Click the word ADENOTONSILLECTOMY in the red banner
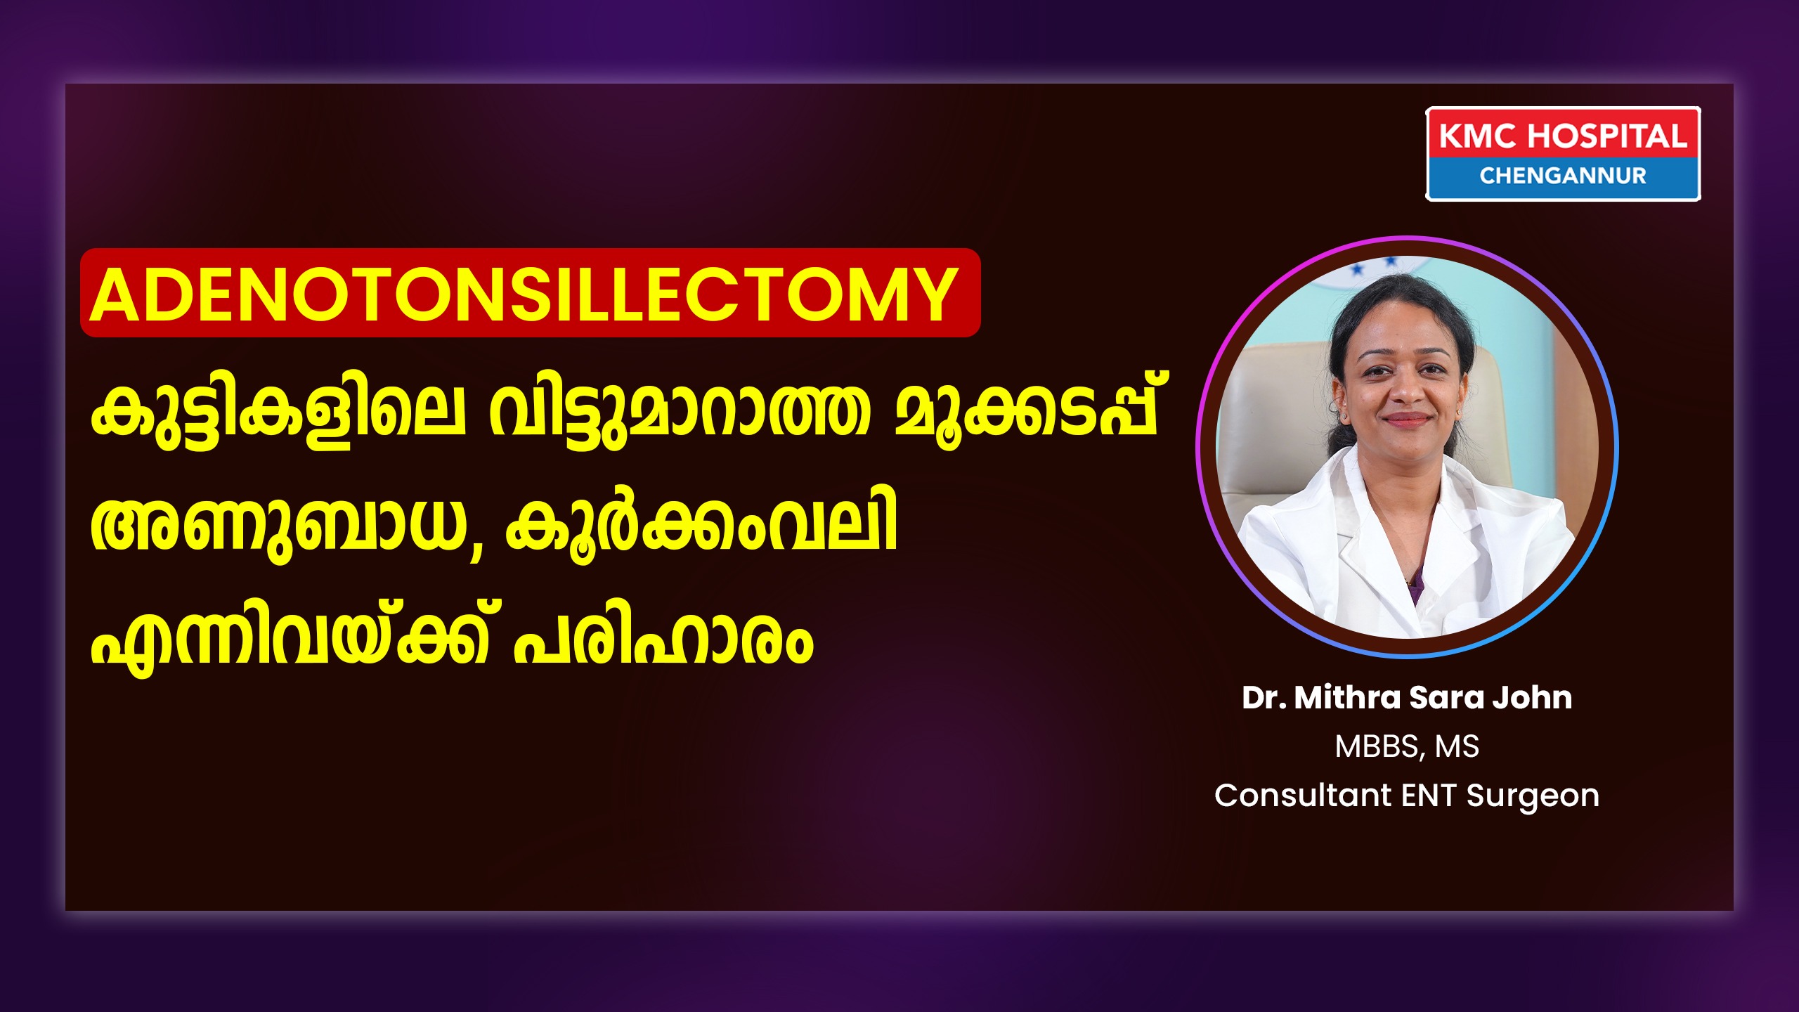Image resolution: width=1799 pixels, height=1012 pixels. click(x=524, y=294)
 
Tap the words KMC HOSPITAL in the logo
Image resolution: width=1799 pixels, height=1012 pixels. click(x=1563, y=136)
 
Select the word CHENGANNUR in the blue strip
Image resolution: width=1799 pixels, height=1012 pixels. click(x=1563, y=176)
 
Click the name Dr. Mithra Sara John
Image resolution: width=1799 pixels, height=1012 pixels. click(x=1407, y=698)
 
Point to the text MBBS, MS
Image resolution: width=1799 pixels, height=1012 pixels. click(x=1407, y=747)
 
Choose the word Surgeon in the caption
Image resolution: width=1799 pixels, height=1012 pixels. click(x=1533, y=796)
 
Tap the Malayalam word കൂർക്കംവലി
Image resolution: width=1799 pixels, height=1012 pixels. click(x=701, y=524)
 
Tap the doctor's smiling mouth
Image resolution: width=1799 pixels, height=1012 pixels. click(x=1407, y=420)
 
